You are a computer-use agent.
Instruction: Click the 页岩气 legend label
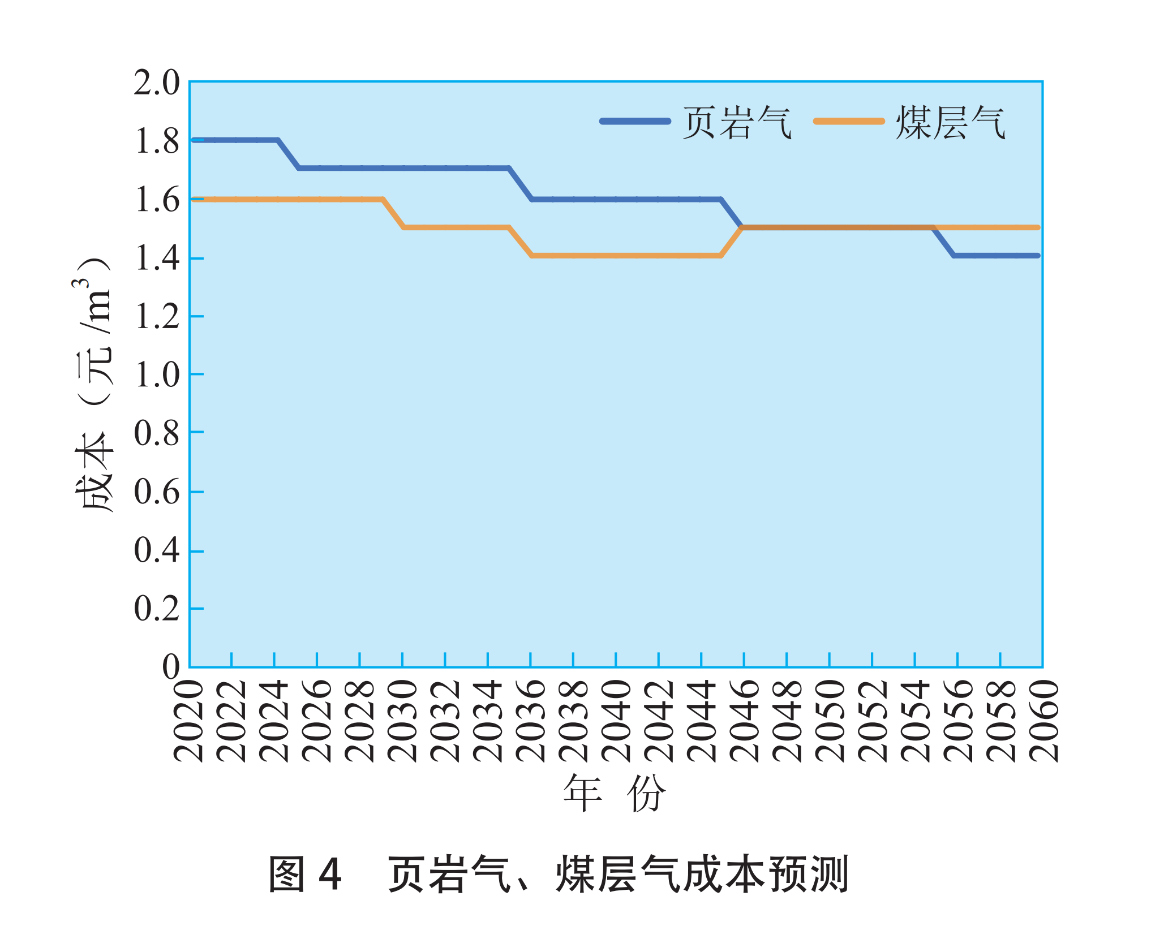(x=737, y=123)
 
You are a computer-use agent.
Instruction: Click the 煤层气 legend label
(x=950, y=123)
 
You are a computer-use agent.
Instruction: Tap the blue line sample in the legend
(x=635, y=121)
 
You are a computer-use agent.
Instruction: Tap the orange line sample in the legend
(x=848, y=121)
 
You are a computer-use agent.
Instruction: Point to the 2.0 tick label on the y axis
(x=156, y=83)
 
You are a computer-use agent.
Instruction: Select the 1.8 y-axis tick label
(x=156, y=141)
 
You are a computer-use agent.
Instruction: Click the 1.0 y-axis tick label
(x=156, y=375)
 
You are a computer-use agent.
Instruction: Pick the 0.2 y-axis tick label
(x=156, y=609)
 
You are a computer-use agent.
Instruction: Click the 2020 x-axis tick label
(x=188, y=721)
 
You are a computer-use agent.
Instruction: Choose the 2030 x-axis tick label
(x=402, y=721)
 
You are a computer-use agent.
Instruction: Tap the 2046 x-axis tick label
(x=744, y=721)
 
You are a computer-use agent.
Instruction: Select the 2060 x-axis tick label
(x=1043, y=721)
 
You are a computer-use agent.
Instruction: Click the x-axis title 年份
(x=615, y=793)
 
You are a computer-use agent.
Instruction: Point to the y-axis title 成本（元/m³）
(x=94, y=385)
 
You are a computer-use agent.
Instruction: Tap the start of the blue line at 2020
(x=194, y=140)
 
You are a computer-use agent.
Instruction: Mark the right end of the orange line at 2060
(x=1038, y=227)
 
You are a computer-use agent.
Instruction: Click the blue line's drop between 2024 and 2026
(x=288, y=154)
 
